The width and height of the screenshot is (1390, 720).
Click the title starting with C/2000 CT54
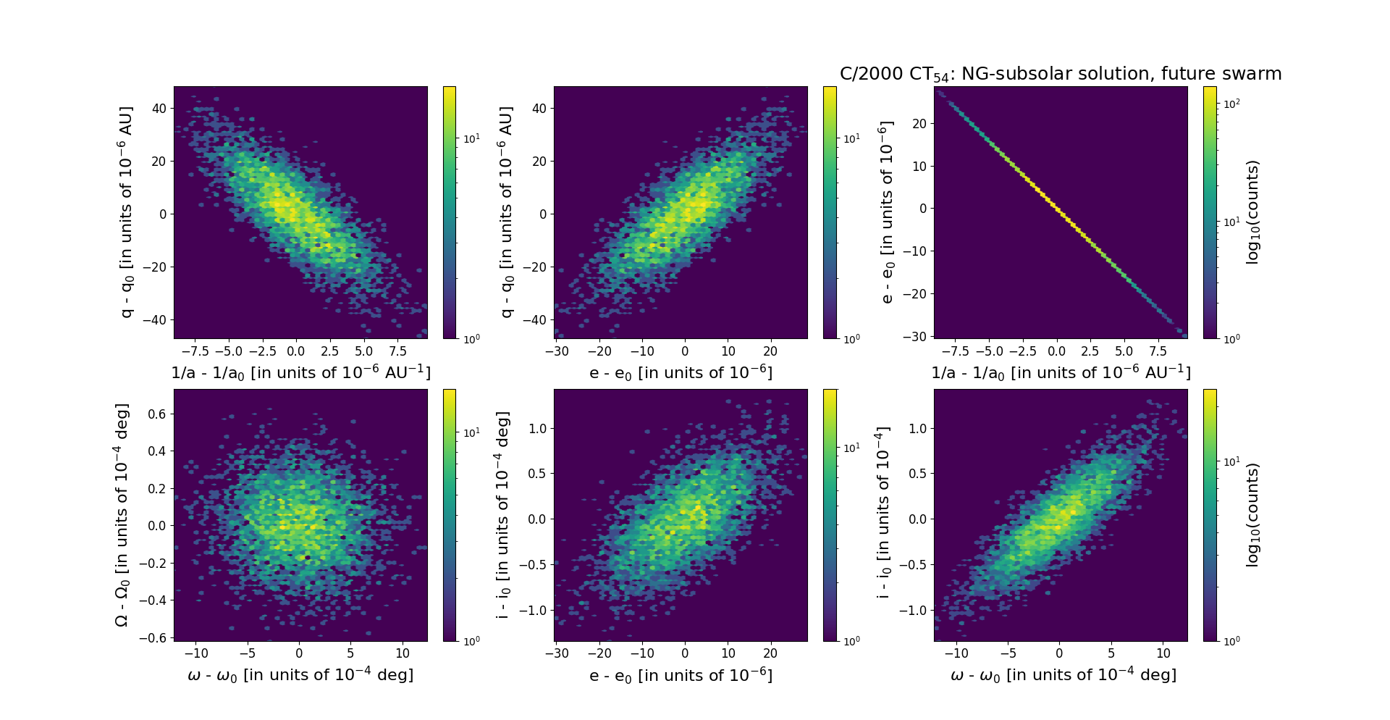(1061, 74)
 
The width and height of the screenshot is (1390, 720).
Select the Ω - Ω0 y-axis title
(122, 515)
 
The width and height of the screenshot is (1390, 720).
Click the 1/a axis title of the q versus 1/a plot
(300, 372)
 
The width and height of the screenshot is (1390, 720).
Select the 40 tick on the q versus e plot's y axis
(538, 109)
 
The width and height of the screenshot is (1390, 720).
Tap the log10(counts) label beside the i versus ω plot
(1253, 515)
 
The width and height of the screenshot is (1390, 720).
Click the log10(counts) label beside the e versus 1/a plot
(1253, 212)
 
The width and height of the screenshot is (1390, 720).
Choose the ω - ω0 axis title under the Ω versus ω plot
(300, 675)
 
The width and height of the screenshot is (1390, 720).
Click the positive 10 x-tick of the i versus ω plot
(1163, 653)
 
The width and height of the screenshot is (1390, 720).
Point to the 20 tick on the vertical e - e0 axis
(919, 124)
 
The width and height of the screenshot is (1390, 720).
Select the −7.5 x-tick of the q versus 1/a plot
(195, 351)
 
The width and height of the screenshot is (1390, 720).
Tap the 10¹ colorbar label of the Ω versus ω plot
(471, 433)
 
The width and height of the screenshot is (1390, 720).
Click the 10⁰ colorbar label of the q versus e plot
(851, 338)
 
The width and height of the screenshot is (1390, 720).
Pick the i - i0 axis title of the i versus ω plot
(884, 515)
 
